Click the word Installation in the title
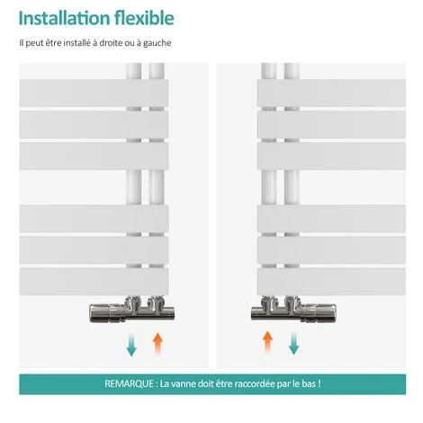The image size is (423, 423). (x=64, y=18)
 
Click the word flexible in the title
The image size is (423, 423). (x=144, y=18)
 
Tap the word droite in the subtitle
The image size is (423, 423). (x=111, y=43)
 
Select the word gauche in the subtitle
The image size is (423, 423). (x=157, y=43)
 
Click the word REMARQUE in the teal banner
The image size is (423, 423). (x=129, y=383)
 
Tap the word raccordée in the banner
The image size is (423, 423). (x=255, y=383)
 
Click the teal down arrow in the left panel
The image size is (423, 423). (x=131, y=344)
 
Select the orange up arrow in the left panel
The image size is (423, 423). (x=157, y=344)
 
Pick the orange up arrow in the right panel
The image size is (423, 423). (x=267, y=343)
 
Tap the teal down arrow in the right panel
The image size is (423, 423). (x=293, y=343)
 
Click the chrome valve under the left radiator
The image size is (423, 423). (x=131, y=310)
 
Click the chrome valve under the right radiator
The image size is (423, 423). (x=293, y=310)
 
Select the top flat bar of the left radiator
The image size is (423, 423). (x=94, y=93)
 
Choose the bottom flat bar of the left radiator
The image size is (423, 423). (x=94, y=282)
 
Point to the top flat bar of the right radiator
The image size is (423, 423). (x=331, y=93)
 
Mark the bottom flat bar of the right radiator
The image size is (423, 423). (x=331, y=282)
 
